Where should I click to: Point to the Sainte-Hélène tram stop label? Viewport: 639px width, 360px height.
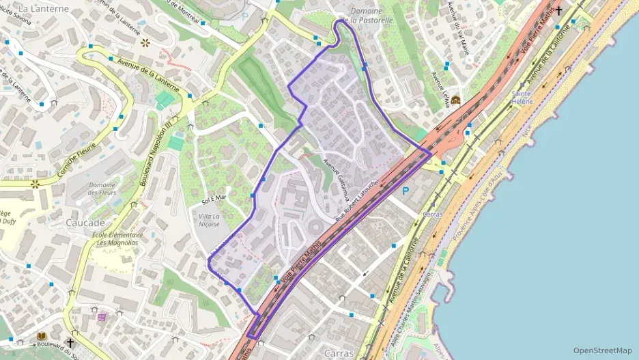522,96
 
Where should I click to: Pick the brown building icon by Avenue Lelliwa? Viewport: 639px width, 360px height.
455,100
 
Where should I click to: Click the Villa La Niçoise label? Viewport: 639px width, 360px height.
210,220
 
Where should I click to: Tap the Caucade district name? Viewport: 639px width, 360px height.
85,223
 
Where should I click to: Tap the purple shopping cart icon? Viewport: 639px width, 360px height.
102,316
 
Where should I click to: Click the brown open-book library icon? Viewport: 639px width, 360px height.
41,337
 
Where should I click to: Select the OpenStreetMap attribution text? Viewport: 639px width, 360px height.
602,350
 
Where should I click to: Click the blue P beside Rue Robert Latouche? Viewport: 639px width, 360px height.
406,191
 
